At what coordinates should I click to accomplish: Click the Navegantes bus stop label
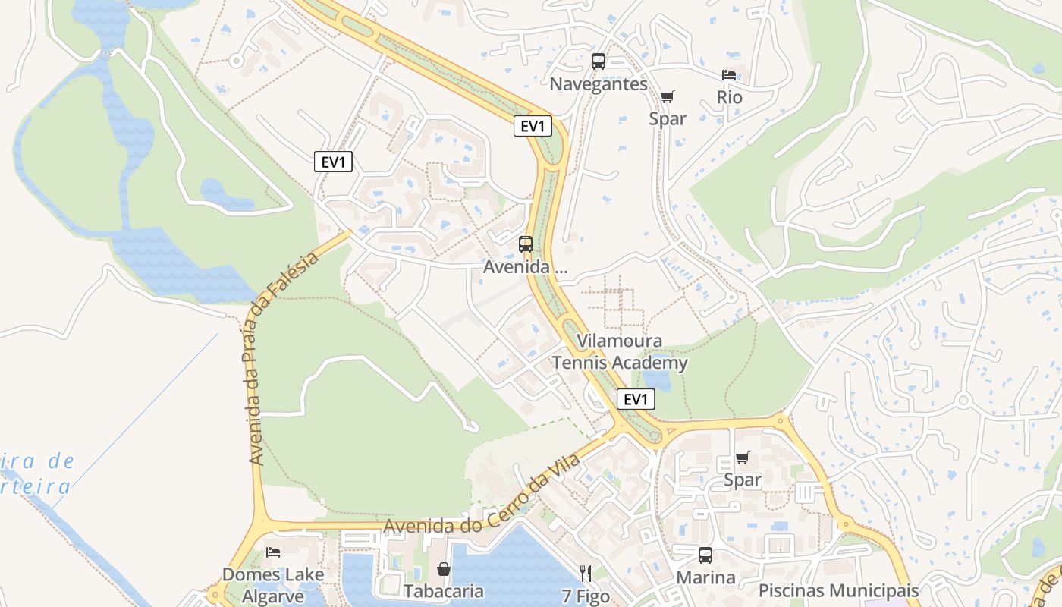pos(599,83)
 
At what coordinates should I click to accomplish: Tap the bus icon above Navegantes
pos(599,61)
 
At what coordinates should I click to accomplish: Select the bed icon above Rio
pos(729,75)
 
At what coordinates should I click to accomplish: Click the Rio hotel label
pos(729,97)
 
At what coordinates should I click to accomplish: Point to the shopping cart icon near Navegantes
pos(667,96)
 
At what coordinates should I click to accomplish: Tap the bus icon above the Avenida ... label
pos(526,244)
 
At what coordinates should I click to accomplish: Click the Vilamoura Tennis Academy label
pos(620,352)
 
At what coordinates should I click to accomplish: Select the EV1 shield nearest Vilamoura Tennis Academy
pos(636,399)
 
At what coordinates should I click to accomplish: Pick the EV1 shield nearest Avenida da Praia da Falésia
pos(333,162)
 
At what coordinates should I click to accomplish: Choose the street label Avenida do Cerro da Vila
pos(482,495)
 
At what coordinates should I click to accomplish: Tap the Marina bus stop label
pos(705,577)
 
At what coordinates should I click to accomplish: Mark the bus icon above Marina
pos(705,555)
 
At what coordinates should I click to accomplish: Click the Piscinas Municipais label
pos(839,590)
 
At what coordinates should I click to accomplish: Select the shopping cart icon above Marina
pos(742,458)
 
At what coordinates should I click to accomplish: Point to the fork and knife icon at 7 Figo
pos(586,573)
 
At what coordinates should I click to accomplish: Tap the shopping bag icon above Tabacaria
pos(444,569)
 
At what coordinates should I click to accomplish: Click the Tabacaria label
pos(444,590)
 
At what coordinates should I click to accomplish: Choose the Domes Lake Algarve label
pos(273,584)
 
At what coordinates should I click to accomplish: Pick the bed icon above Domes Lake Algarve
pos(273,552)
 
